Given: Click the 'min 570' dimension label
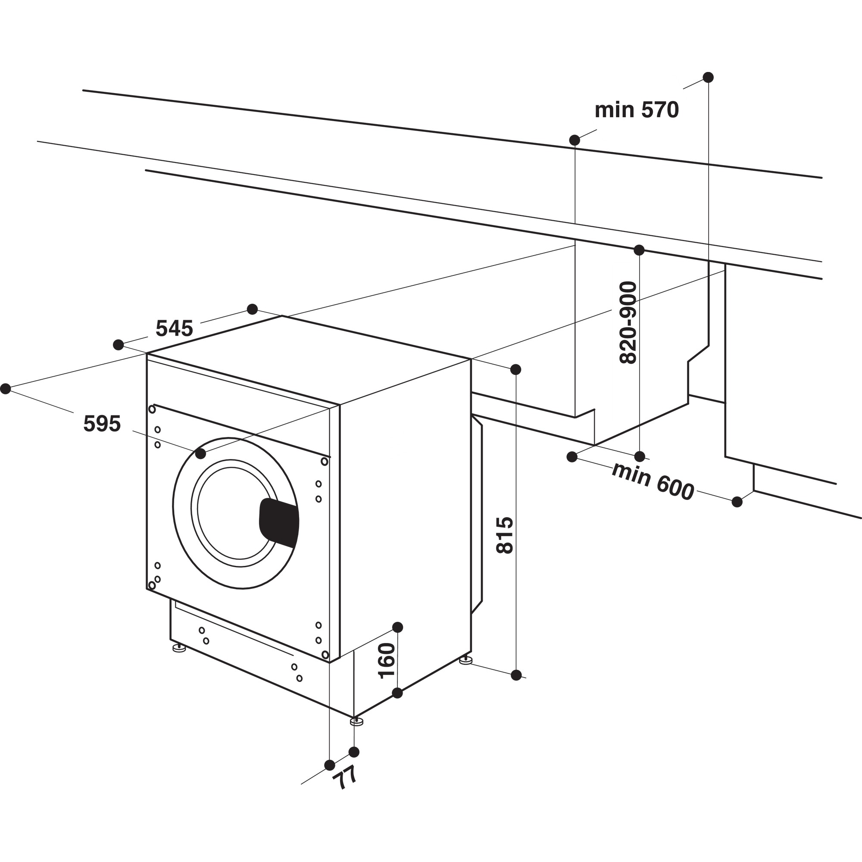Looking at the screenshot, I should coord(637,110).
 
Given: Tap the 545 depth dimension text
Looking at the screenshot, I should coord(174,329).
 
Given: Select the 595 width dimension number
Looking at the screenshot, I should coord(102,424).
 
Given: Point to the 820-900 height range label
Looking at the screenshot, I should coord(629,322).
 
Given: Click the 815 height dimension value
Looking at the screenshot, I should coord(505,535).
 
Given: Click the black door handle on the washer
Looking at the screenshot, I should coord(279,522).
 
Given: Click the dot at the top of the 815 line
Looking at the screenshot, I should coord(516,369).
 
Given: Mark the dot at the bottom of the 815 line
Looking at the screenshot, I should coord(516,675).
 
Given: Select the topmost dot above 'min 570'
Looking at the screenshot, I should coord(708,77).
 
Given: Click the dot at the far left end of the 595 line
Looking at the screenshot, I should coord(5,389).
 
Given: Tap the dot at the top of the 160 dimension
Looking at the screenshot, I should coord(397,627).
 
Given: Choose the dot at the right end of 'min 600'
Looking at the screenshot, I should coord(737,502).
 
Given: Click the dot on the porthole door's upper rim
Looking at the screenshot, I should coord(201,454).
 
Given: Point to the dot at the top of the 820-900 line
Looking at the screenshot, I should coord(639,250).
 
